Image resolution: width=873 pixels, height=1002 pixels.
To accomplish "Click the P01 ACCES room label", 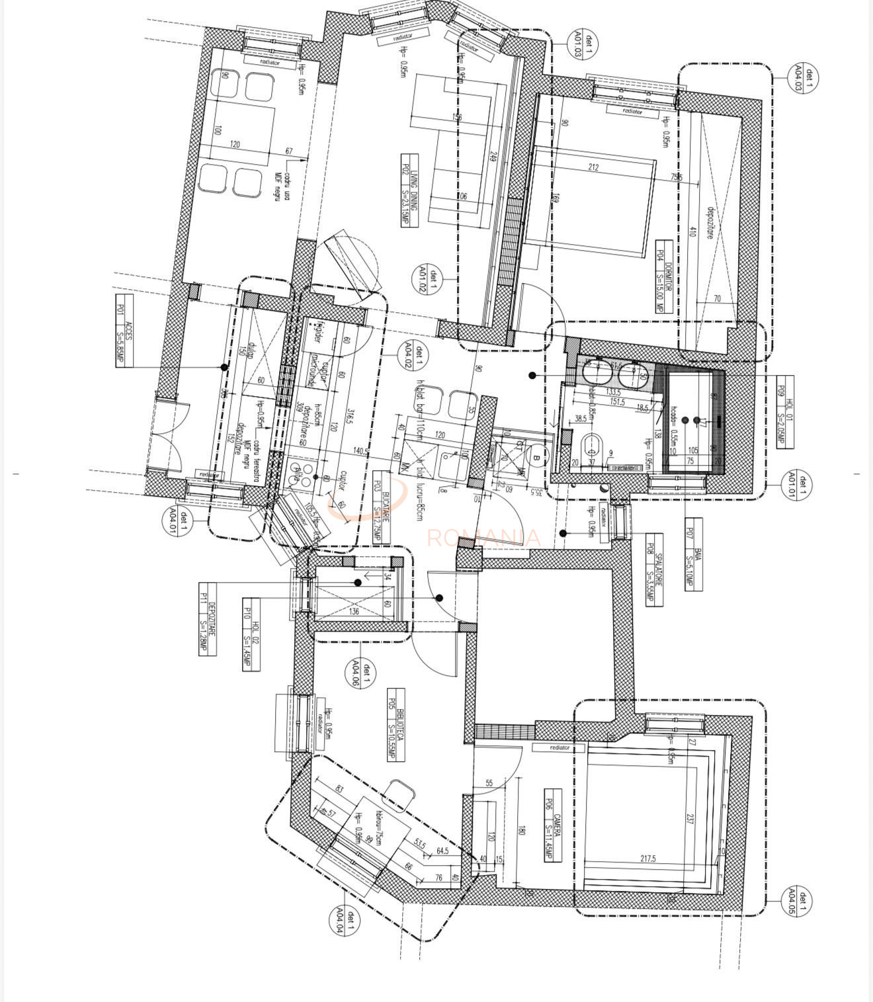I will [124, 331].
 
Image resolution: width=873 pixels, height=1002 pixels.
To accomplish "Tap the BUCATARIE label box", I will [382, 511].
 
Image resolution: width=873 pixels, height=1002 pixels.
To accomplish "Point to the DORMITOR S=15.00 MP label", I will [664, 276].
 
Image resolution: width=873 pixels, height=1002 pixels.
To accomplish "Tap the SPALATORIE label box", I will [654, 569].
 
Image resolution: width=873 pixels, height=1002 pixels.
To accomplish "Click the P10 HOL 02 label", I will [251, 634].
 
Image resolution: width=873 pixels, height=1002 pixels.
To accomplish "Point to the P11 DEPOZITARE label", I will [208, 619].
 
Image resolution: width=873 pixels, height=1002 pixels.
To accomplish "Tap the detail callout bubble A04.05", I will [797, 901].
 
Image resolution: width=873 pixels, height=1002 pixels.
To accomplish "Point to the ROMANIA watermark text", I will [483, 538].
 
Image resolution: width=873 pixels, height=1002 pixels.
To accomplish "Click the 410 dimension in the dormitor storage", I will [692, 231].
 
